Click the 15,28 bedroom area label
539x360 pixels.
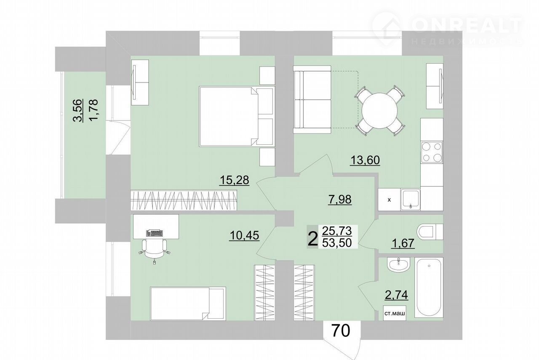[234, 180]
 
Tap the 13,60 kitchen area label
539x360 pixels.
[365, 160]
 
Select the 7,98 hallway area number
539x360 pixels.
[340, 200]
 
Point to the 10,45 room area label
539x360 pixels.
[245, 235]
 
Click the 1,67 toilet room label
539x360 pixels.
[403, 243]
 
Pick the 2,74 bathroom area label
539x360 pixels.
[396, 295]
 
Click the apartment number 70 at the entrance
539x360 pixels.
[341, 331]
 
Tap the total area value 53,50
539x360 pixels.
[337, 243]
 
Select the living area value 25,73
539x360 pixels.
[337, 231]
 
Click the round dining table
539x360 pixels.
[379, 111]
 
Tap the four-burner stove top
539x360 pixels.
[432, 152]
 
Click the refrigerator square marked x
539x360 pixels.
[389, 200]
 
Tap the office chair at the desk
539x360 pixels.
[154, 251]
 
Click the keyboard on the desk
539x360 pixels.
[154, 233]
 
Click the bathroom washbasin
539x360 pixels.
[398, 265]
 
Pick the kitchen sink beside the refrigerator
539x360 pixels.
[411, 200]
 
